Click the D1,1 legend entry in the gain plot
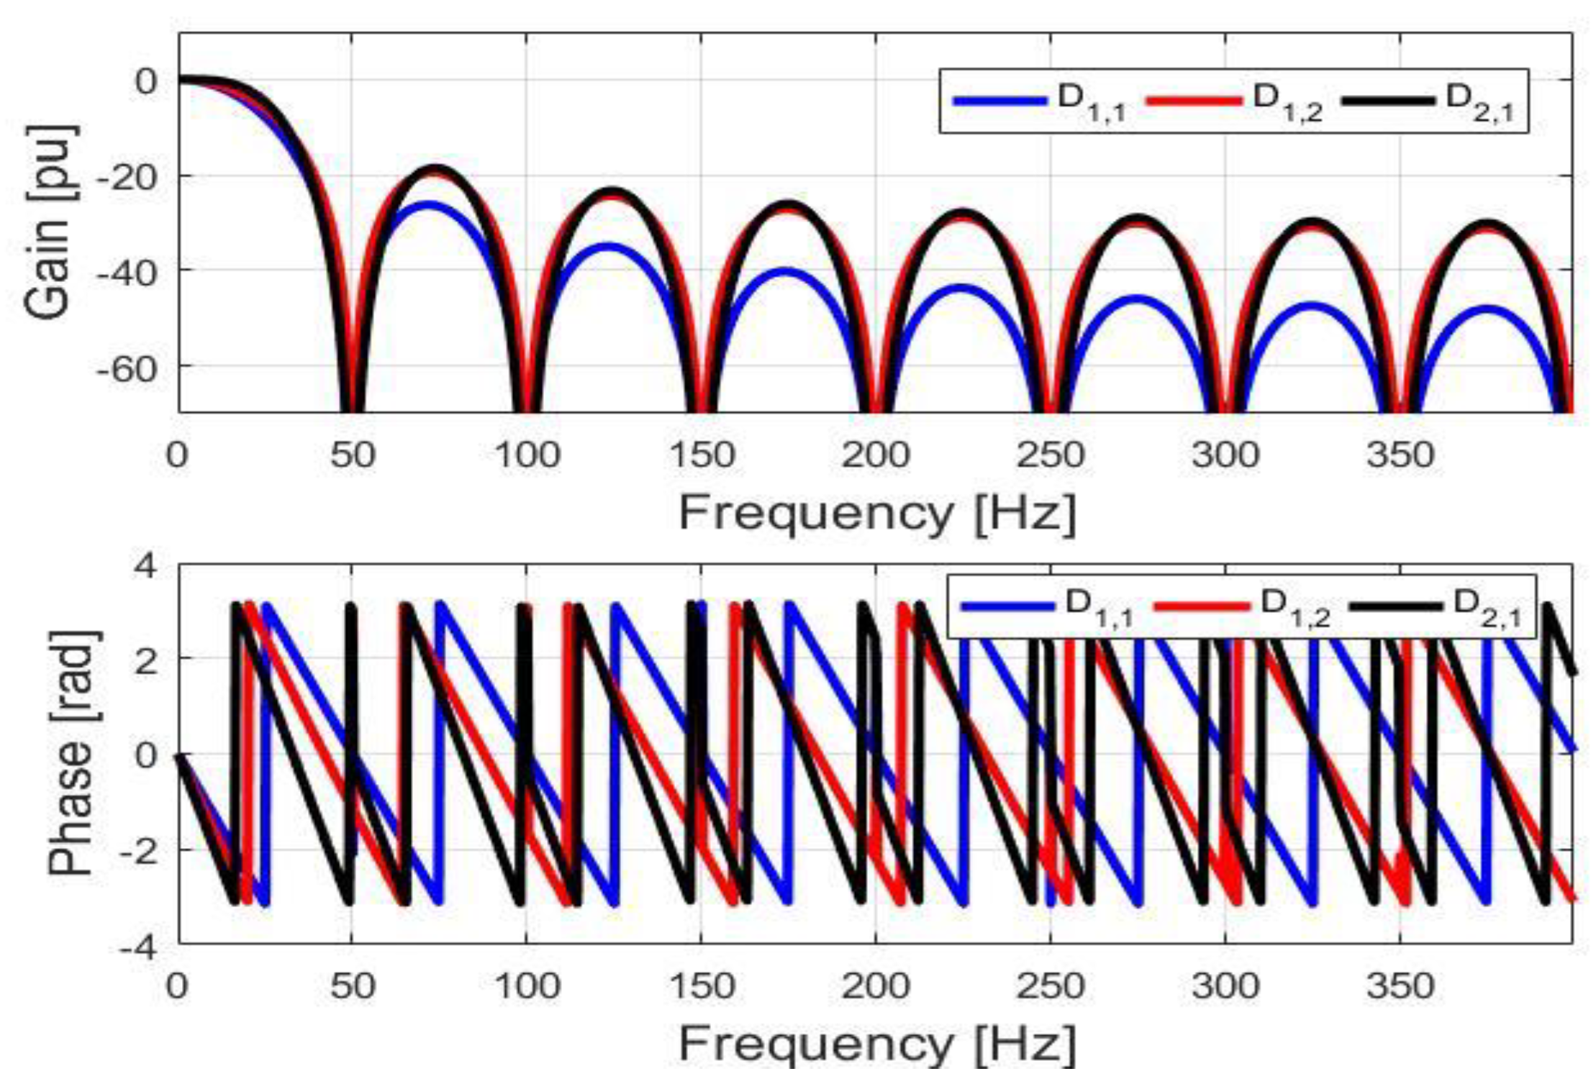pos(1040,101)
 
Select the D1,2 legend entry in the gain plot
pos(1235,101)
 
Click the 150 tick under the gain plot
pos(702,455)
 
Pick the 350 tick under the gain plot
pos(1400,455)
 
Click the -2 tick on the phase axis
pos(137,851)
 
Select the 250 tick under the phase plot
pos(1050,985)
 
